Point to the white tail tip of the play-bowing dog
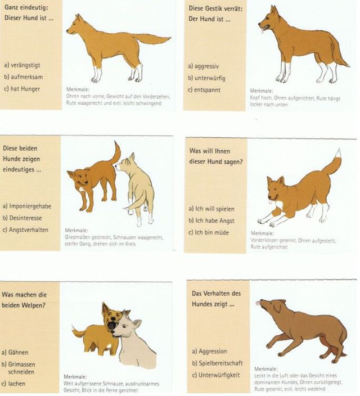pos(338,153)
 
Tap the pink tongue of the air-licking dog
pos(258,303)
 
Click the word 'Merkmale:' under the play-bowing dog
pos(262,233)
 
